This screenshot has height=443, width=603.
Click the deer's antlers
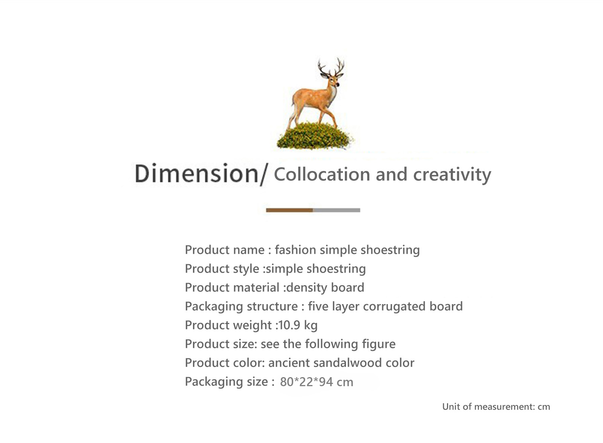click(331, 66)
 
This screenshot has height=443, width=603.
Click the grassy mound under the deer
click(315, 136)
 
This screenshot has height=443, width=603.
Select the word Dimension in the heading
click(197, 174)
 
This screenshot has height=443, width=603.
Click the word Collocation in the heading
click(322, 174)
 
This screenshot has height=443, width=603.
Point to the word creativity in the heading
click(452, 175)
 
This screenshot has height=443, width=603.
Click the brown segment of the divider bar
click(289, 210)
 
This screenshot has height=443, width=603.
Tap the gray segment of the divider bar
click(337, 210)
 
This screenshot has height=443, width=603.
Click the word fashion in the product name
click(295, 250)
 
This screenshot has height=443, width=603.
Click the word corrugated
click(394, 307)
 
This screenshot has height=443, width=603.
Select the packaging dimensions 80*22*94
click(306, 382)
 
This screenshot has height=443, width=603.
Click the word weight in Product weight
click(252, 326)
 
